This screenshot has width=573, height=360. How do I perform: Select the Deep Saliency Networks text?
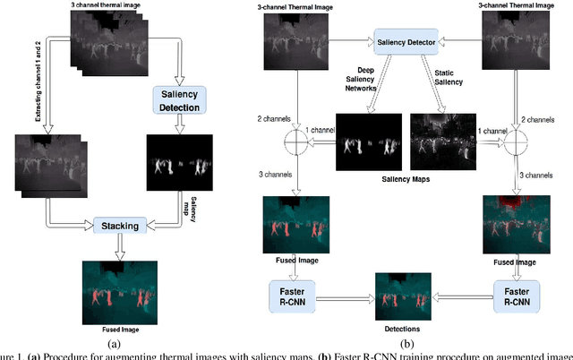(x=363, y=85)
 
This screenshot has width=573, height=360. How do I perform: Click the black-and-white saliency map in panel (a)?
(x=179, y=163)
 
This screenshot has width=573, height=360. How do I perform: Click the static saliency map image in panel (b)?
(x=442, y=141)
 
